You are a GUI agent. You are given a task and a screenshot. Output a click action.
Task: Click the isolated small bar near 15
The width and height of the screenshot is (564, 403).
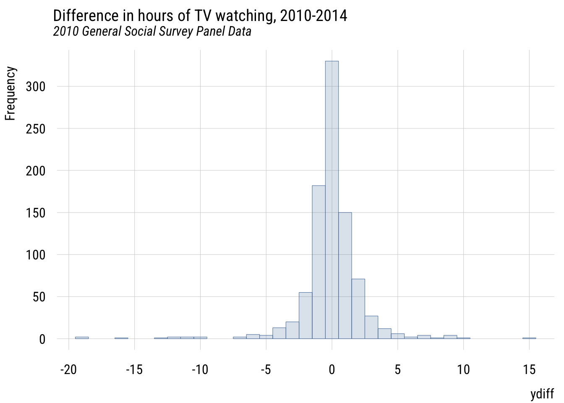(x=529, y=338)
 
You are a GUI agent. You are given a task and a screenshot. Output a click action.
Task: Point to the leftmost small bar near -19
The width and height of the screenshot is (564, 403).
(x=82, y=338)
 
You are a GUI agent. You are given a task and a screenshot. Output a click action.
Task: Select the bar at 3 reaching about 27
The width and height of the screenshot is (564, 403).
(x=371, y=327)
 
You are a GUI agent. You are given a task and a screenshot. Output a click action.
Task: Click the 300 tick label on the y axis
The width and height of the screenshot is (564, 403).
(x=35, y=87)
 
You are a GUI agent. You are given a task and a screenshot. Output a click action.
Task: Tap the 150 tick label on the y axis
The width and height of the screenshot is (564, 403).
(x=35, y=213)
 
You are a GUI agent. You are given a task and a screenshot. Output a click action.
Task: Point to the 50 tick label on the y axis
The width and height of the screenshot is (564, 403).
(x=39, y=297)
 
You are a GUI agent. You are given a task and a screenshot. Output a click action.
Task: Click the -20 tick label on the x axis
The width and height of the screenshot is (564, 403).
(x=68, y=370)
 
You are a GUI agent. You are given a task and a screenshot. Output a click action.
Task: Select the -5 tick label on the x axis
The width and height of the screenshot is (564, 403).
(x=266, y=370)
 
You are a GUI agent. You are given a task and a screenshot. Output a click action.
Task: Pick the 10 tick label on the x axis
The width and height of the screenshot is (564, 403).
(x=463, y=370)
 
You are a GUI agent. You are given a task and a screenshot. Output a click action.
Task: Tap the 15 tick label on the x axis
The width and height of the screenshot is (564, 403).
(x=530, y=370)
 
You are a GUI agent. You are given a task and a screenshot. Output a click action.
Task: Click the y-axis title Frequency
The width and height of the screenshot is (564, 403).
(x=10, y=93)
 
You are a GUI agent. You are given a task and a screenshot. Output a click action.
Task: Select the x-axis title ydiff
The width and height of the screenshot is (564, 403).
(x=542, y=394)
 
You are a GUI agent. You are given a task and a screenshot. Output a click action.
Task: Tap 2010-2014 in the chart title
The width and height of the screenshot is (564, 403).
(x=313, y=16)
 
